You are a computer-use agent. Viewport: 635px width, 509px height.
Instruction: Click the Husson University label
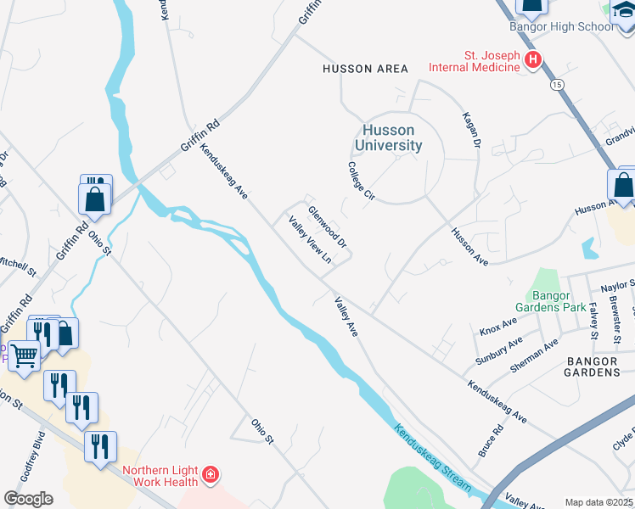click(x=388, y=137)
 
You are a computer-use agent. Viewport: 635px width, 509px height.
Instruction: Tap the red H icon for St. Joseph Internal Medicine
click(x=533, y=59)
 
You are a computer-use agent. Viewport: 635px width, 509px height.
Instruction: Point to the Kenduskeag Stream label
click(x=432, y=455)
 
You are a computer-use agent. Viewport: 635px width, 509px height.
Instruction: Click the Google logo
click(x=28, y=499)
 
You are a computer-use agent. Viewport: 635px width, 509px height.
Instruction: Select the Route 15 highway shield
click(x=556, y=85)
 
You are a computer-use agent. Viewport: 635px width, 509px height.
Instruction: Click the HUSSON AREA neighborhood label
click(x=365, y=69)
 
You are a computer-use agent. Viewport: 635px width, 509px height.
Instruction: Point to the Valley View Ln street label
click(x=309, y=240)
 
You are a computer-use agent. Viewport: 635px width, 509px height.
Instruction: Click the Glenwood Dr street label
click(x=328, y=227)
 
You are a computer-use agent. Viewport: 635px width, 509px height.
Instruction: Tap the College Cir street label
click(x=360, y=181)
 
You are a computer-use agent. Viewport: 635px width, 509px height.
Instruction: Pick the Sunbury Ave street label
click(x=492, y=349)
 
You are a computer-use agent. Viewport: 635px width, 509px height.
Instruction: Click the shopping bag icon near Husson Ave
click(x=622, y=185)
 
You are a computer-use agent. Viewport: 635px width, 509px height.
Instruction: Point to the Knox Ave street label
click(x=498, y=326)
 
